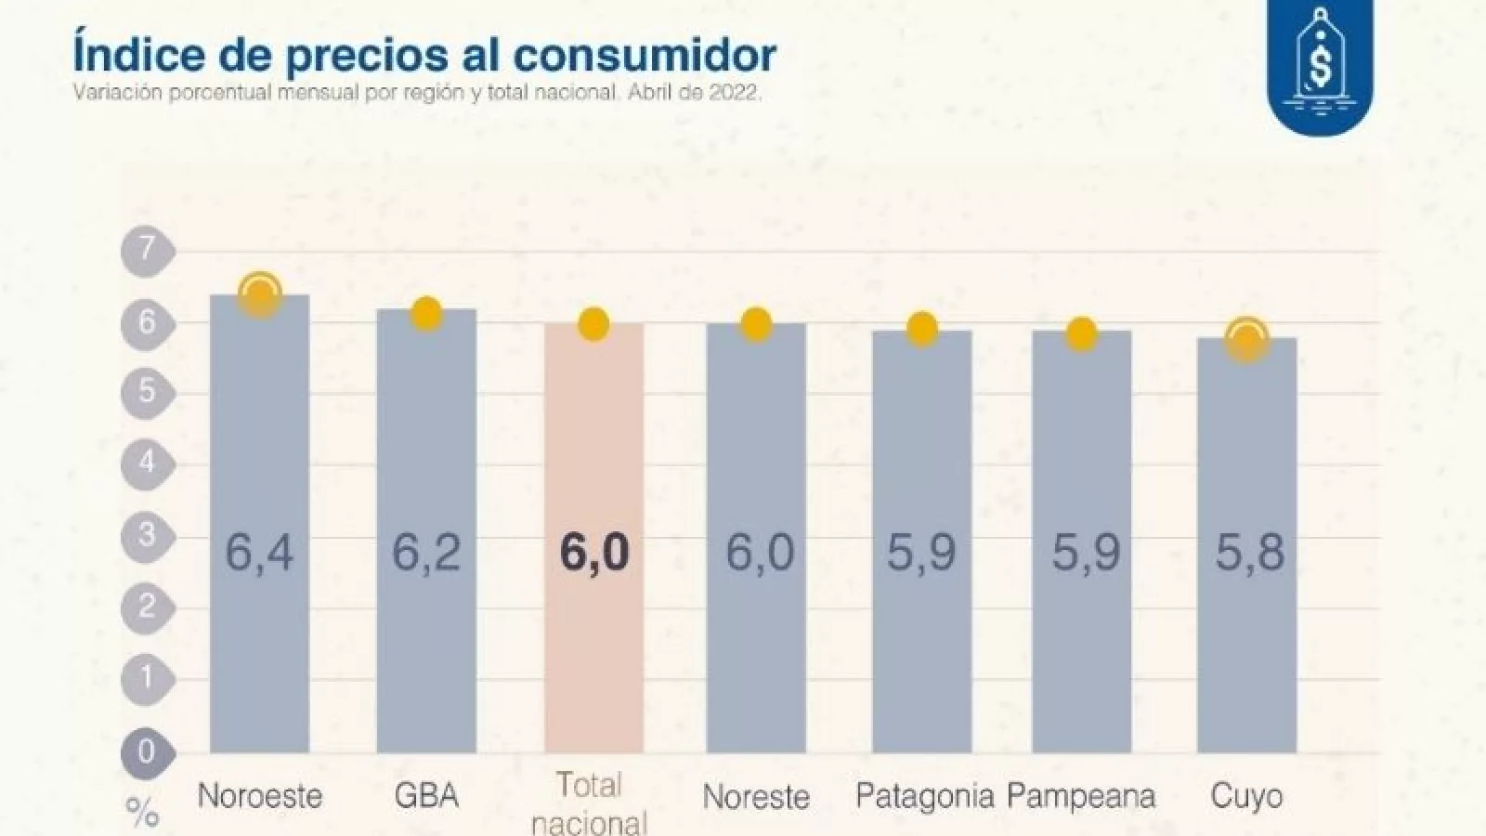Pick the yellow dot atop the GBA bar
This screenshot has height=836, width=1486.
[426, 314]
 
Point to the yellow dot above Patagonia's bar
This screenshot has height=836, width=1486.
[922, 328]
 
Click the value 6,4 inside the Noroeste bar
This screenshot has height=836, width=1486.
[259, 553]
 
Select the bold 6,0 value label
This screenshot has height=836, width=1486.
[594, 553]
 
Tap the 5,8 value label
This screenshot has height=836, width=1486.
[1250, 553]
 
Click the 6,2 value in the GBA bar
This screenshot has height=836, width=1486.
[426, 553]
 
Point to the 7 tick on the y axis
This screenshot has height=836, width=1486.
[147, 250]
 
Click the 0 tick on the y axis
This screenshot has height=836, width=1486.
[147, 751]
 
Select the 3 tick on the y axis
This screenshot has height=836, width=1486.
[147, 536]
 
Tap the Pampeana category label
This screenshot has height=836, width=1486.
[1081, 796]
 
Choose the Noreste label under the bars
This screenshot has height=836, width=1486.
[756, 796]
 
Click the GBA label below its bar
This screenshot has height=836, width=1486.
[426, 796]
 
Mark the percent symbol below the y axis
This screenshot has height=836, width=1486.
[141, 816]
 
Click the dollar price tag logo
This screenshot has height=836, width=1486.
[1320, 67]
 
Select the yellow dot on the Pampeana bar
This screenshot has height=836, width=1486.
[1082, 333]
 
